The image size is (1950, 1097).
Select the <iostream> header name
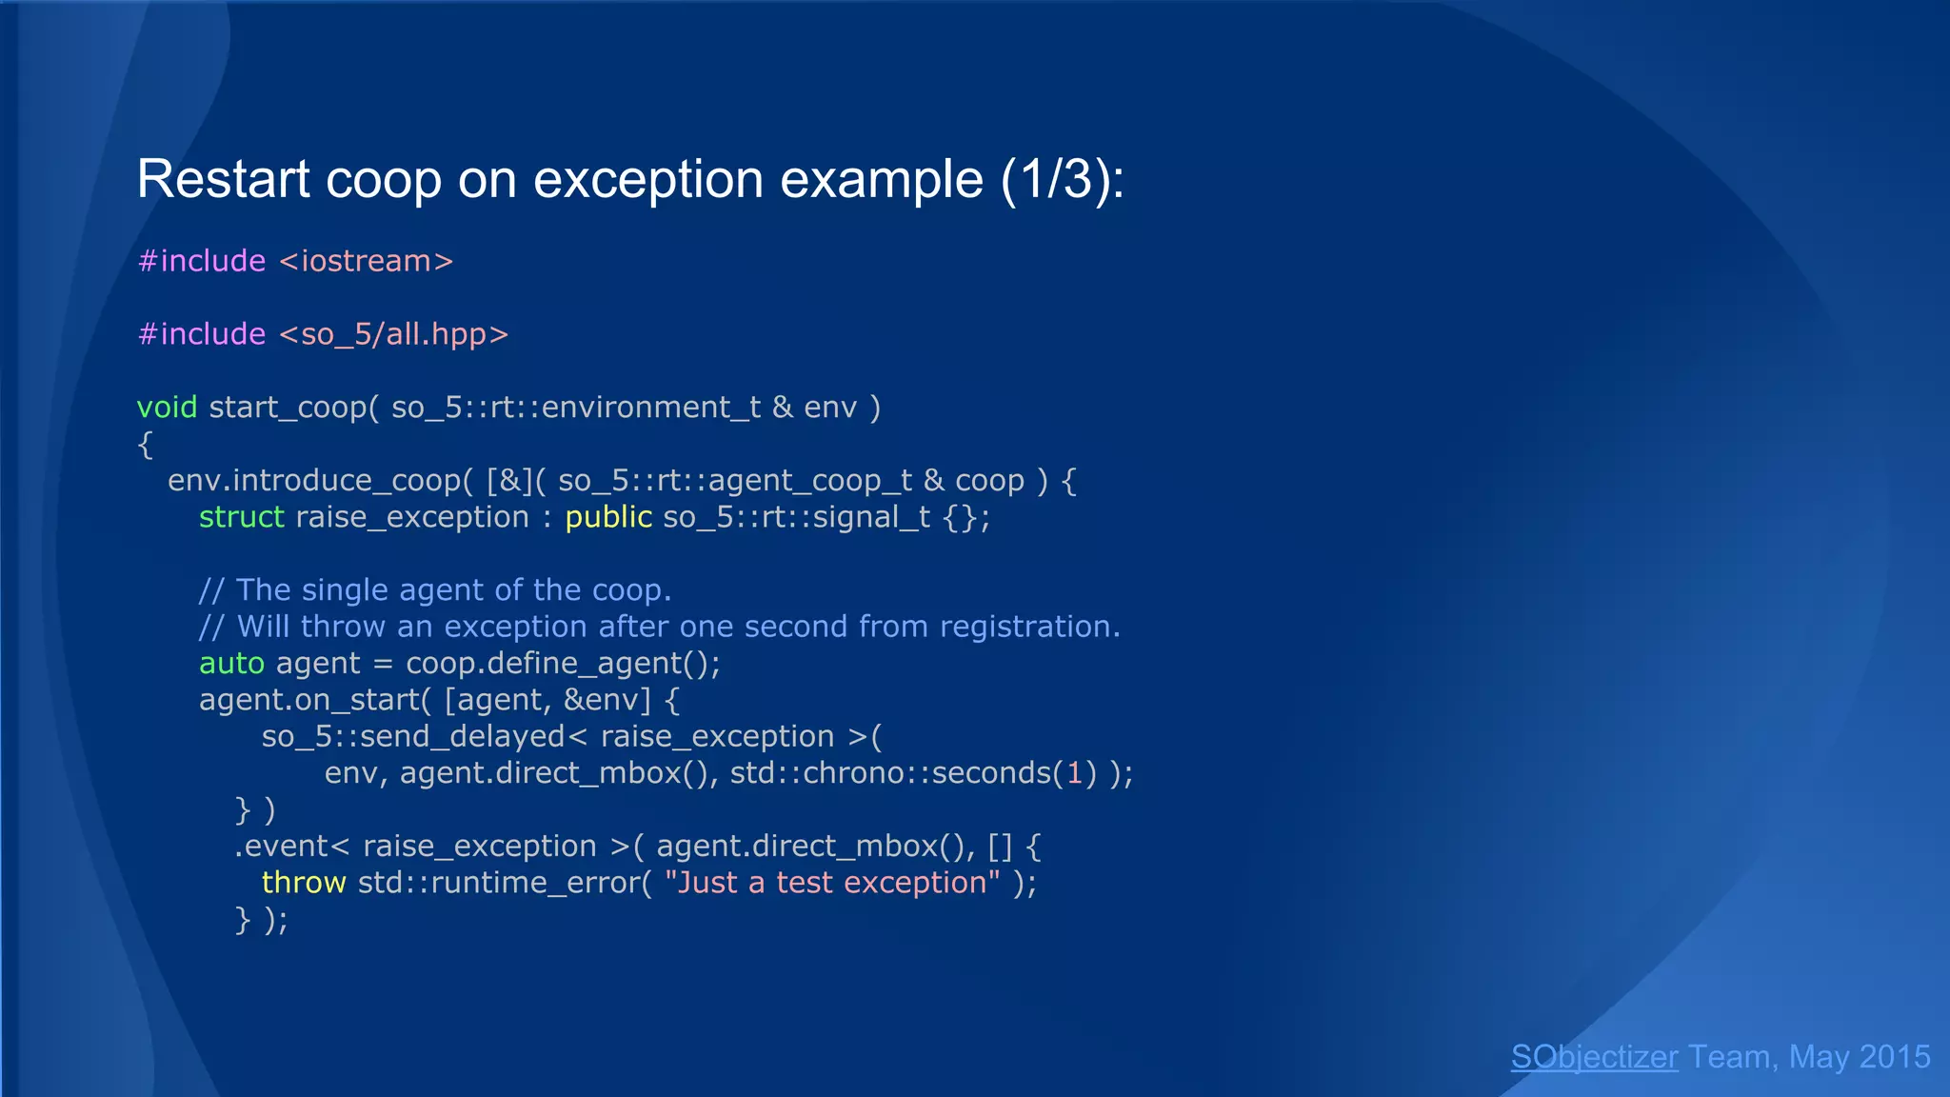click(x=367, y=261)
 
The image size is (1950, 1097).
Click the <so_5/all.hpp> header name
click(x=394, y=334)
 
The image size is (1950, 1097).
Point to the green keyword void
click(x=167, y=408)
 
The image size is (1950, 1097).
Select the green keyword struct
click(x=241, y=517)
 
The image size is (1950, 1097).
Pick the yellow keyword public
click(x=608, y=517)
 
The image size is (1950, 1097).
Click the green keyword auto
click(x=231, y=664)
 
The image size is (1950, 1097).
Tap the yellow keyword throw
click(x=303, y=883)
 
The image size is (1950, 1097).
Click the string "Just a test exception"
click(x=832, y=883)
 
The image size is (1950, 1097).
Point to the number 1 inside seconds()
click(x=1075, y=773)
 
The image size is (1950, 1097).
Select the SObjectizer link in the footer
click(x=1594, y=1057)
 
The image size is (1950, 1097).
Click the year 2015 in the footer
click(x=1894, y=1057)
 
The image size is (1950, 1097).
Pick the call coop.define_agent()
click(x=563, y=664)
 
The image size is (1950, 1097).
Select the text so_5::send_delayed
click(x=413, y=737)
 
